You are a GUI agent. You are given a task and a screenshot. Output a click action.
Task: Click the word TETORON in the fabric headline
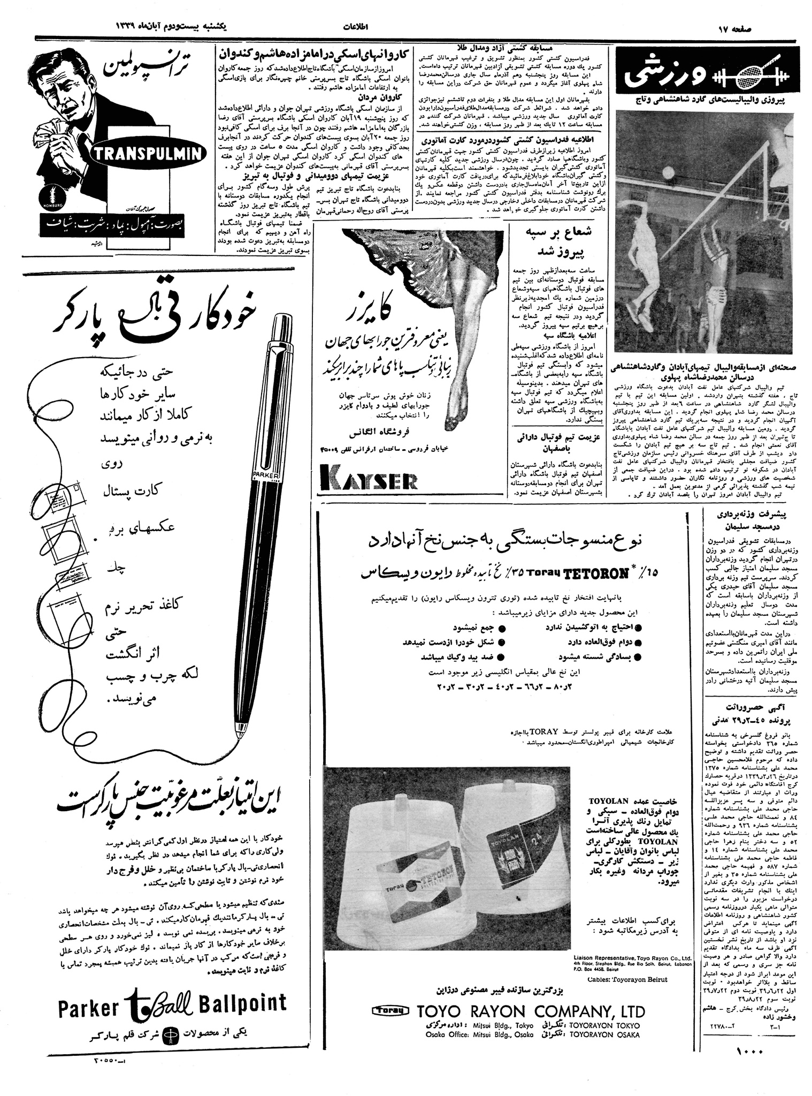click(x=594, y=574)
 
